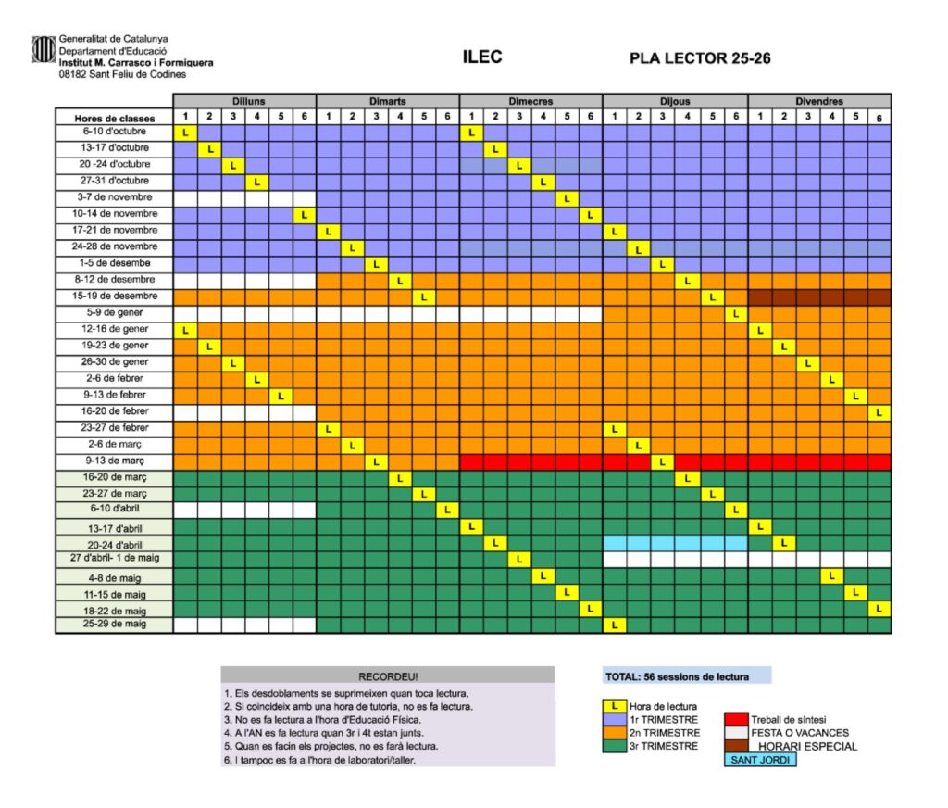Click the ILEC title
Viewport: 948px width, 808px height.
(482, 57)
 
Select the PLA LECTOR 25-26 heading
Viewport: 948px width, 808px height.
(700, 58)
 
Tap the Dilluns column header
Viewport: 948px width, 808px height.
(244, 101)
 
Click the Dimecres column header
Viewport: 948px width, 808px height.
(531, 101)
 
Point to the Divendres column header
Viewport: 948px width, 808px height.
(819, 101)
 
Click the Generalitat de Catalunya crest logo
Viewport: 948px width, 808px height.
(44, 49)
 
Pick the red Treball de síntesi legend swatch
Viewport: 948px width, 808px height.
(736, 719)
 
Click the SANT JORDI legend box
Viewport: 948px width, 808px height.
(758, 761)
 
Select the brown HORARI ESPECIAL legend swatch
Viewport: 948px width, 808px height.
(736, 746)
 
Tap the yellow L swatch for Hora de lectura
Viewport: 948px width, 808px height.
(614, 706)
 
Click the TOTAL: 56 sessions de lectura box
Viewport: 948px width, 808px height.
(687, 676)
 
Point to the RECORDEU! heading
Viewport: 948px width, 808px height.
(388, 675)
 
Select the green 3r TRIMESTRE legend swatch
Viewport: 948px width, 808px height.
(614, 746)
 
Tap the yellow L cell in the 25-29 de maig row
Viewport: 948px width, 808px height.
(615, 625)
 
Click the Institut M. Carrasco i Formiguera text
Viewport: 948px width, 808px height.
(135, 63)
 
